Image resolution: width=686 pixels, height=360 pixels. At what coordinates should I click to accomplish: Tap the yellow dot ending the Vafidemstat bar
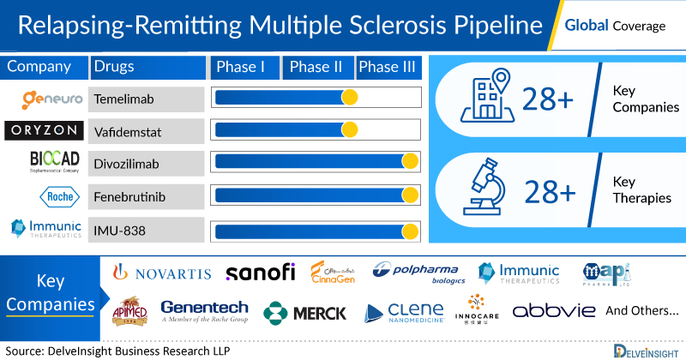click(349, 129)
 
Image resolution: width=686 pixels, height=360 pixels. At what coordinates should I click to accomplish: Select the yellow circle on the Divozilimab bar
click(410, 161)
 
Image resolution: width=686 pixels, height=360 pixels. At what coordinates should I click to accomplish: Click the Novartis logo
click(160, 273)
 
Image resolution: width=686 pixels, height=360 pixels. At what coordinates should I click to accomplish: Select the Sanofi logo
click(261, 273)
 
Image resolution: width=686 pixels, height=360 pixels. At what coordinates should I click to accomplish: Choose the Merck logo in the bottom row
click(305, 313)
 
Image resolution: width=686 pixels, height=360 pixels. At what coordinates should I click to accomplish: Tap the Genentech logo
click(204, 310)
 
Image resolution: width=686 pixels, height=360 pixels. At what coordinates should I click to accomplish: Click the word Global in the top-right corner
click(587, 26)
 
